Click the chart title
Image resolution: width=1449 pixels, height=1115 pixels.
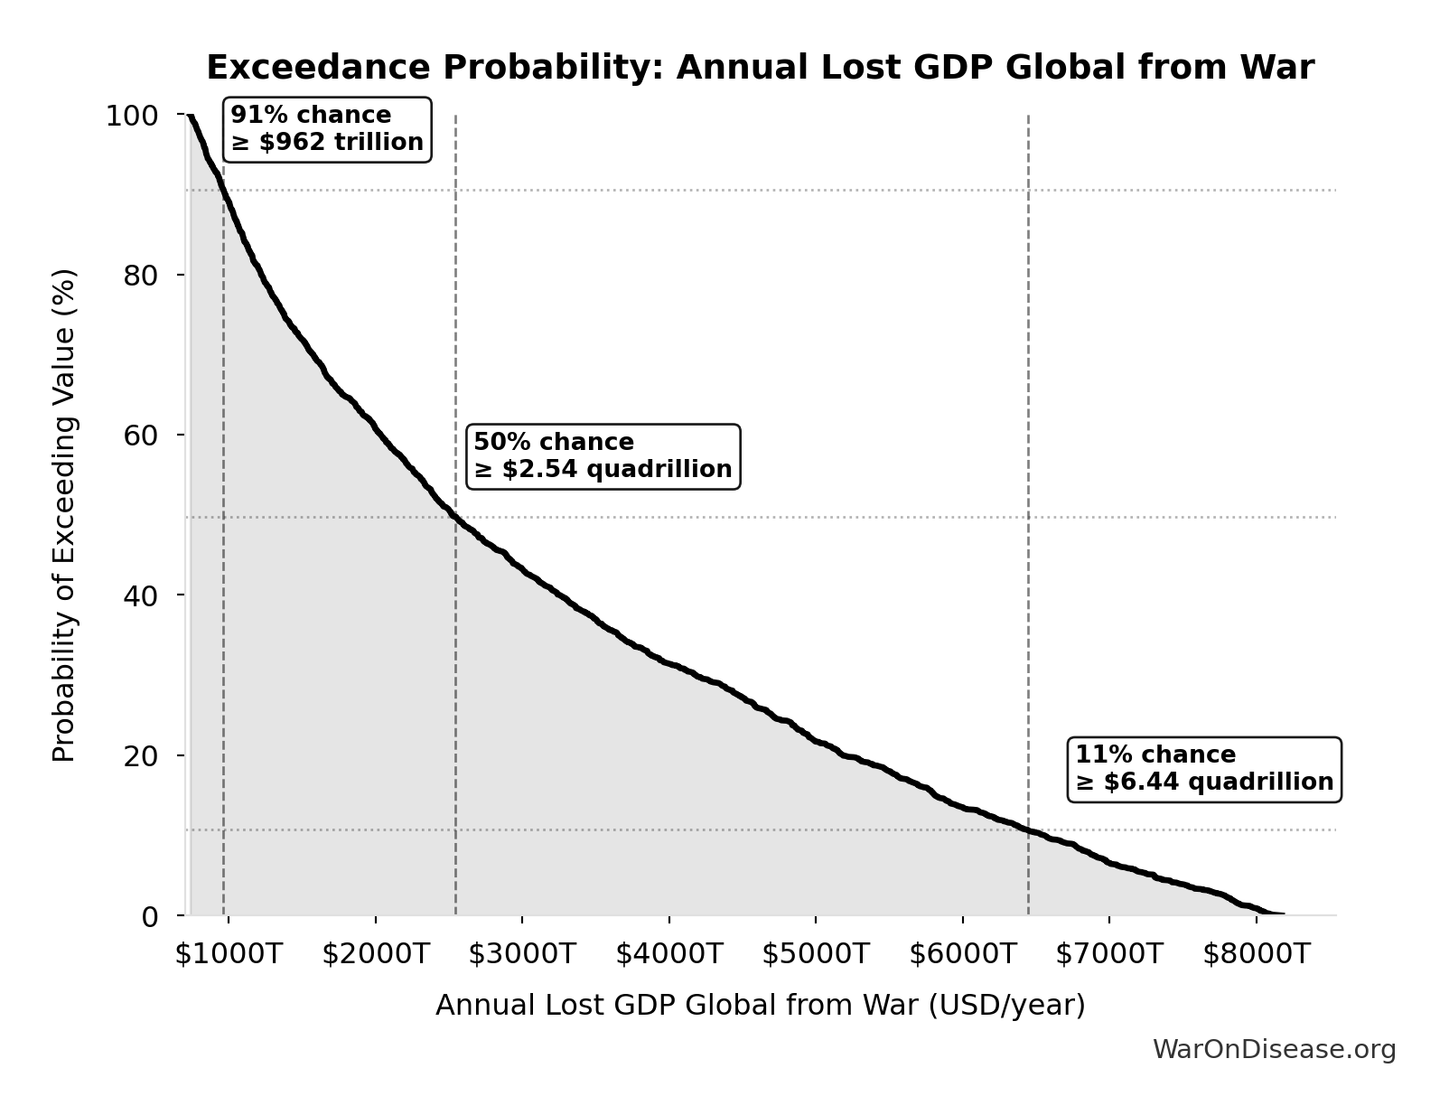click(760, 68)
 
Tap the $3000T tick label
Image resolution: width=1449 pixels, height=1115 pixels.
click(521, 954)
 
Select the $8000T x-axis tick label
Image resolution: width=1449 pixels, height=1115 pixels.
click(1256, 954)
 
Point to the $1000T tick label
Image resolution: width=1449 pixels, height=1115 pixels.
click(229, 954)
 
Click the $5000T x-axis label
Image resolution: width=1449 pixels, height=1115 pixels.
click(815, 954)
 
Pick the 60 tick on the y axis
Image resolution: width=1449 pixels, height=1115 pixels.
click(141, 436)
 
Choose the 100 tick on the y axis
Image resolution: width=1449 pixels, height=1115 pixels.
click(132, 116)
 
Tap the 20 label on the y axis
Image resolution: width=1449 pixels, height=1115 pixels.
click(141, 755)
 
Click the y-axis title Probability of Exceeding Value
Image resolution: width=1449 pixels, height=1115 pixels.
click(64, 515)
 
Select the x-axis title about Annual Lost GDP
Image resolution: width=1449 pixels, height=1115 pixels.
click(760, 1005)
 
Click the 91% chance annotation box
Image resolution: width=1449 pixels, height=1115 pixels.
click(327, 129)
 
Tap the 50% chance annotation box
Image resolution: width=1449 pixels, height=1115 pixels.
click(603, 456)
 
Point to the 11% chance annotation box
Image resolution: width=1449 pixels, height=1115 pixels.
click(1203, 769)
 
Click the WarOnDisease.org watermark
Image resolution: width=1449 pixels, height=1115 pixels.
click(1274, 1049)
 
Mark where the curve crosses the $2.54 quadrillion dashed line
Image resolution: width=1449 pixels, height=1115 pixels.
click(455, 518)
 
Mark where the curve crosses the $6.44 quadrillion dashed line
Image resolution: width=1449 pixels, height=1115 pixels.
click(1028, 829)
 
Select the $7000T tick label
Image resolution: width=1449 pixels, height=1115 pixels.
click(1108, 954)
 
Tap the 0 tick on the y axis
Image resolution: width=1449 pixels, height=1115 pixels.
click(150, 916)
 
